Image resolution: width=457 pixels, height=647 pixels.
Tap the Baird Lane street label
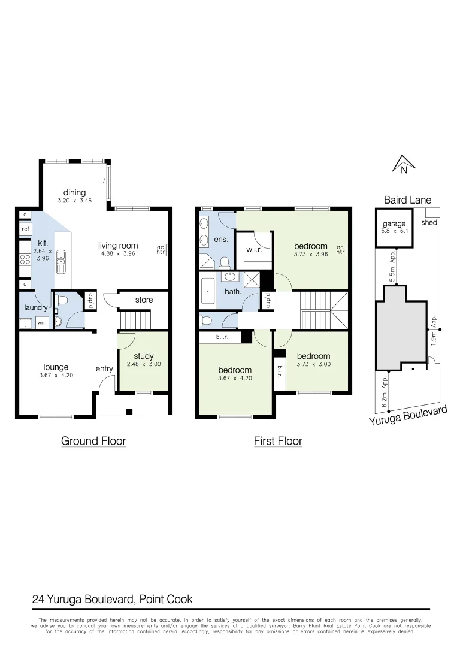click(407, 200)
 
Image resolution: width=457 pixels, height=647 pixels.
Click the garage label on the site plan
click(394, 224)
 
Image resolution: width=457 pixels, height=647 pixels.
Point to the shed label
click(429, 222)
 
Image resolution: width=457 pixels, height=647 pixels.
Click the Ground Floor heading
click(93, 441)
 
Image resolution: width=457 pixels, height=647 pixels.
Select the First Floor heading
click(278, 441)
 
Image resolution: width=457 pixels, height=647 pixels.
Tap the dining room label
click(75, 192)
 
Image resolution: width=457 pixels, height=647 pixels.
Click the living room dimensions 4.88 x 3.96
click(118, 254)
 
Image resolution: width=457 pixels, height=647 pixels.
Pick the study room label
click(144, 356)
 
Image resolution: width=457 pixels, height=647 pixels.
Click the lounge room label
click(56, 367)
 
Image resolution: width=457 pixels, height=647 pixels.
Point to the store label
click(144, 300)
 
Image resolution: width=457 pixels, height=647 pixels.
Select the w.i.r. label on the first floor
click(255, 249)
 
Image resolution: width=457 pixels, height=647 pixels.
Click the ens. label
click(219, 240)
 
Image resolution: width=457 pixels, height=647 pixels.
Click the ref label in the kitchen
click(25, 229)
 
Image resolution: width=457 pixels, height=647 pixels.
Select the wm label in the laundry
click(42, 323)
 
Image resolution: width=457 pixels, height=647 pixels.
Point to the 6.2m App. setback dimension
click(385, 392)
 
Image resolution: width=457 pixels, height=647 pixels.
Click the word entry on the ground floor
click(104, 368)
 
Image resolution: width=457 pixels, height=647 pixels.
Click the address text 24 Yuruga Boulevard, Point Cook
click(112, 599)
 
